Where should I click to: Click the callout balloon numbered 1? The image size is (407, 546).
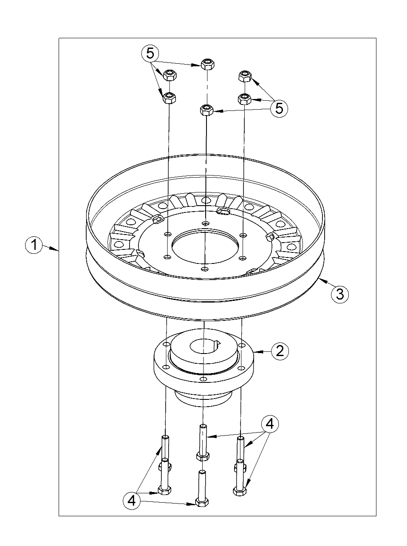point(34,245)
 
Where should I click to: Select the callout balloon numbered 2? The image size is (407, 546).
point(280,351)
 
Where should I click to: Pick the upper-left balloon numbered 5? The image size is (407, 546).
point(150,53)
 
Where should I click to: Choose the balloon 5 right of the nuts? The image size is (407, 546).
point(279,108)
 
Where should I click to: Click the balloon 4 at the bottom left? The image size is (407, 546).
point(132,500)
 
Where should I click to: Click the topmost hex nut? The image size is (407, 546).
point(207,64)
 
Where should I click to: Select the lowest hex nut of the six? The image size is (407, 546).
point(206,110)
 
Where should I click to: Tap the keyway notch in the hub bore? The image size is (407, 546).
point(218,343)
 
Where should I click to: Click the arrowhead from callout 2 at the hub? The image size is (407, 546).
point(256,351)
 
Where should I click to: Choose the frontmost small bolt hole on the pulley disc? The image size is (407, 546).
point(204,269)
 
